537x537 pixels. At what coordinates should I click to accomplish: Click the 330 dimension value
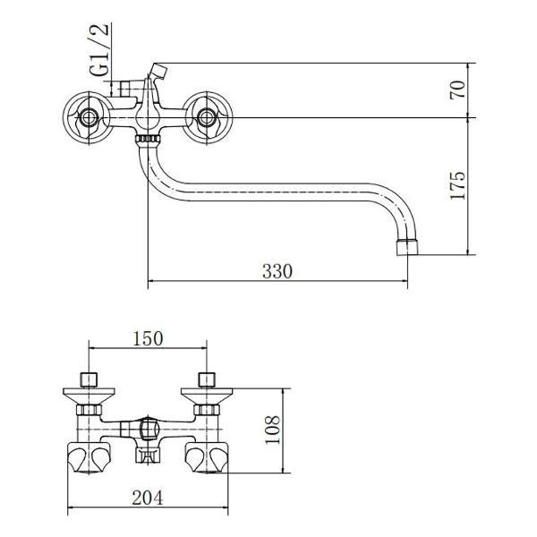(x=277, y=271)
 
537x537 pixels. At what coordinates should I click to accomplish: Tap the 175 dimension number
(x=458, y=185)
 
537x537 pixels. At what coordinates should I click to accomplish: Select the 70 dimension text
(x=458, y=89)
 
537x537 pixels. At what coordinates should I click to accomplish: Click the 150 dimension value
(x=148, y=338)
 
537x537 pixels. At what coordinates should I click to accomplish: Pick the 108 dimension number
(x=273, y=430)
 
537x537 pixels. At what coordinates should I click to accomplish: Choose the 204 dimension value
(x=148, y=498)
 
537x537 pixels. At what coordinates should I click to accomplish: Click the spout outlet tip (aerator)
(x=407, y=248)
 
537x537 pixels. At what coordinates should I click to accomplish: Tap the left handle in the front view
(x=89, y=118)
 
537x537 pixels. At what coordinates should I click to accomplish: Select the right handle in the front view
(x=207, y=118)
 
